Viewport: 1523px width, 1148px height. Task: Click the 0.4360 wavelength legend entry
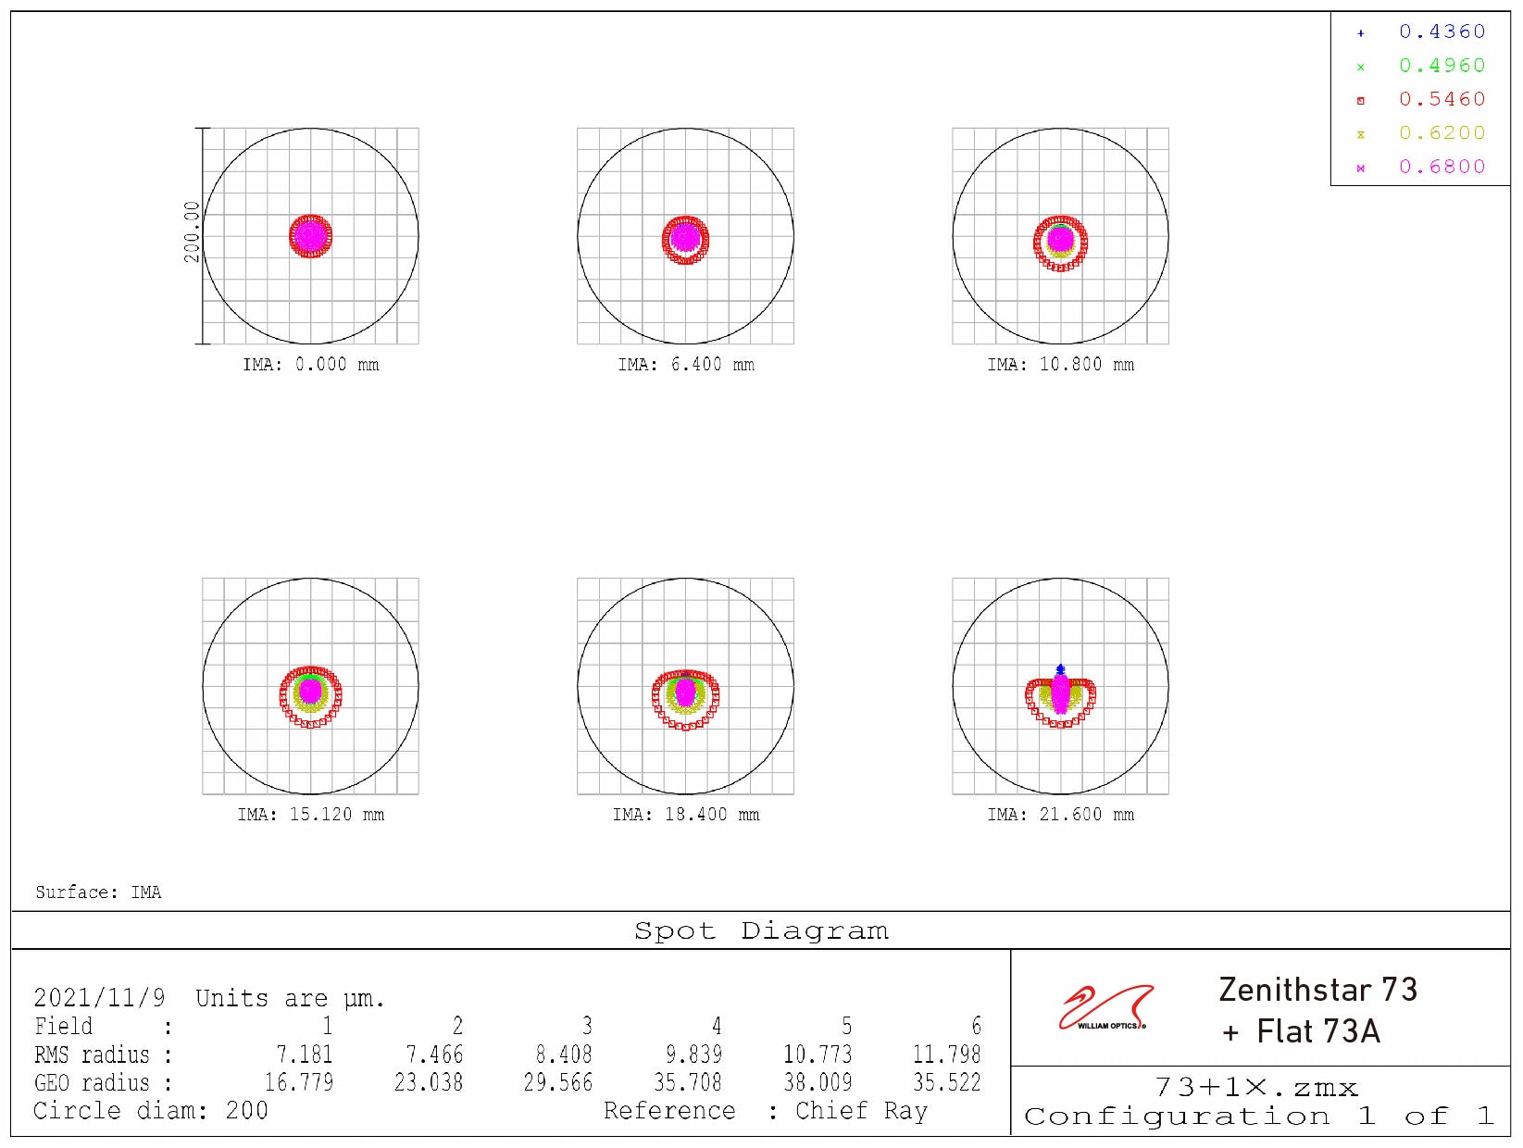(1441, 32)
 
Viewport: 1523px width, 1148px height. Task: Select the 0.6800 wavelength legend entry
(1441, 168)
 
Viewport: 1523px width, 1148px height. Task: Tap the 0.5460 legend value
(1441, 100)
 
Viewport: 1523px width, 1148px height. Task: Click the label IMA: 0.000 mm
(311, 365)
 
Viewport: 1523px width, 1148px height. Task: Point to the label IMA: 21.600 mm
(1060, 815)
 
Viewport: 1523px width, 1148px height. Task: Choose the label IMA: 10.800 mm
(1060, 365)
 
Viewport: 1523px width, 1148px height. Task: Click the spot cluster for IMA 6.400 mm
(685, 239)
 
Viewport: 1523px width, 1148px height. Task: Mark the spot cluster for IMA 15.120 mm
(311, 694)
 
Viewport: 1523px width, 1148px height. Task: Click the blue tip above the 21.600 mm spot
(1061, 668)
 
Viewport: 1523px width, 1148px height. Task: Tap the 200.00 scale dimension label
(192, 232)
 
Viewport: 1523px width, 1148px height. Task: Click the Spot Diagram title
(761, 931)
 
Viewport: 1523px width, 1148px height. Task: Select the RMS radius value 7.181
(304, 1054)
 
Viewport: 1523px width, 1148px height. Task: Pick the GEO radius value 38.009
(817, 1082)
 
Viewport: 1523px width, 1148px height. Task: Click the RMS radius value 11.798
(946, 1054)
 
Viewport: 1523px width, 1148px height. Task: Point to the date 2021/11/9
(99, 998)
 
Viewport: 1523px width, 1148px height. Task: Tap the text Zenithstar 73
(1317, 990)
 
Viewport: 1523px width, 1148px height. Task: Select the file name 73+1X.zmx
(1255, 1088)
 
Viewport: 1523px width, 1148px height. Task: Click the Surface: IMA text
(98, 892)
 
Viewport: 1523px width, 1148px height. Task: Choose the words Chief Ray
(861, 1111)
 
